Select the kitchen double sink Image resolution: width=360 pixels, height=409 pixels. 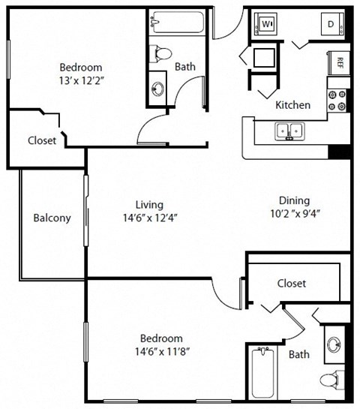click(x=288, y=133)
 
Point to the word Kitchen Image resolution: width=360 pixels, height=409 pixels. click(x=292, y=105)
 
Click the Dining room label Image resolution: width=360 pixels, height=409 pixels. click(x=294, y=200)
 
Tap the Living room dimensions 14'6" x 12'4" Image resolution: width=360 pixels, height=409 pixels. click(x=150, y=218)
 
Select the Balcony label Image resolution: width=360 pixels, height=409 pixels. click(x=52, y=218)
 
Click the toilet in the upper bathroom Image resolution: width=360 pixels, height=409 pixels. click(x=161, y=53)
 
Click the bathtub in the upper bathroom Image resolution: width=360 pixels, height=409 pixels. click(x=176, y=22)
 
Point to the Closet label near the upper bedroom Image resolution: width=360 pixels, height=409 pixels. click(x=41, y=140)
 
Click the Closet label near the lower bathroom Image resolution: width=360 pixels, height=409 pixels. click(x=291, y=284)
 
